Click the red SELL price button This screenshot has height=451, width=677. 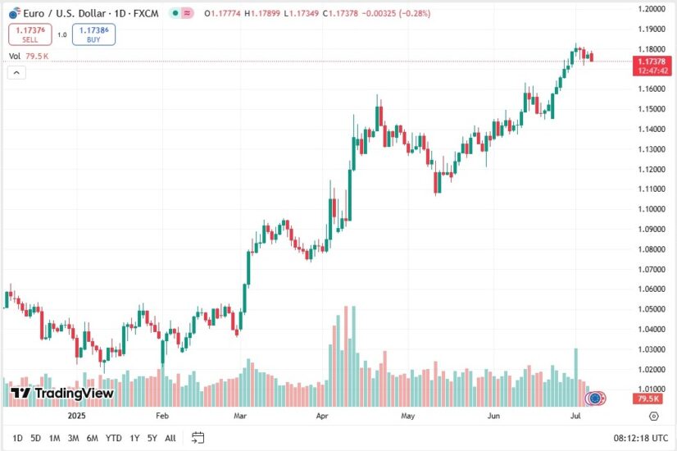(29, 34)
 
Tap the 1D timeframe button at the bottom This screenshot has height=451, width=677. (18, 438)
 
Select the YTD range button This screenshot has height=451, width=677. (113, 438)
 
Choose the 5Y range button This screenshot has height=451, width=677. (152, 438)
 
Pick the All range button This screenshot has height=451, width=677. (170, 438)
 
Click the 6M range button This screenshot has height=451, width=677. (92, 438)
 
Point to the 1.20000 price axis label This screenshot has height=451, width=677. (652, 9)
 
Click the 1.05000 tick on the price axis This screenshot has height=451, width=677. (652, 309)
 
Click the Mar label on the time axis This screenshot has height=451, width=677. (240, 416)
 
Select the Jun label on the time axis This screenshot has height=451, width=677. (493, 416)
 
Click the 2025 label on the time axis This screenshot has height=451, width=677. (76, 416)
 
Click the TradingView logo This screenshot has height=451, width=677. (62, 394)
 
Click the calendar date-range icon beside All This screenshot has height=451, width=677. (198, 438)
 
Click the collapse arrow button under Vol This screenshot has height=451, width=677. (17, 72)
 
